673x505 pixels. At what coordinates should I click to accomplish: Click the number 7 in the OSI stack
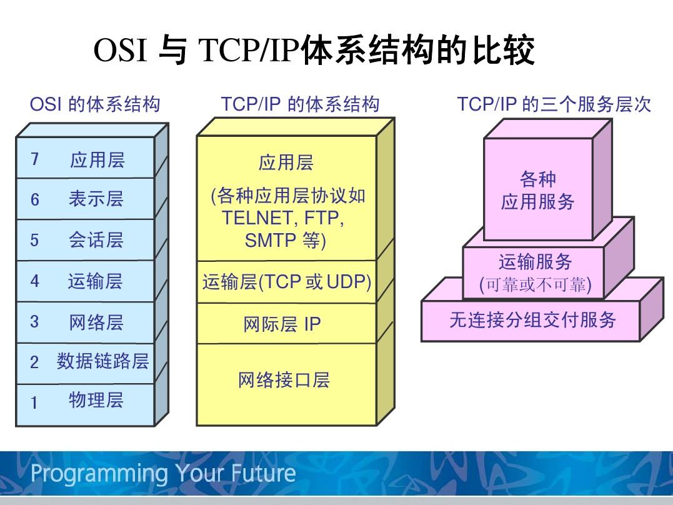click(x=35, y=159)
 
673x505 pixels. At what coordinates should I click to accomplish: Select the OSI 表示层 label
click(x=96, y=199)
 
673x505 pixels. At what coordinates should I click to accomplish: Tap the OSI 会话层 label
click(x=96, y=240)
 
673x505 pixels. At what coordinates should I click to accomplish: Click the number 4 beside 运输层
click(x=35, y=281)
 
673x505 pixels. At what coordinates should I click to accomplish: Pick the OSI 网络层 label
click(x=96, y=322)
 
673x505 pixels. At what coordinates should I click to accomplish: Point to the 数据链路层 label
click(x=102, y=361)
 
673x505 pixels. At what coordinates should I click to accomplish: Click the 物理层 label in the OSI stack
click(x=96, y=400)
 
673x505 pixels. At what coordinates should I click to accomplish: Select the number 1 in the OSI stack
click(x=34, y=402)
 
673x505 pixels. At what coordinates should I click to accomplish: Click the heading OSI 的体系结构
click(x=95, y=104)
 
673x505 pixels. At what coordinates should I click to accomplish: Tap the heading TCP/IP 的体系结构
click(x=300, y=104)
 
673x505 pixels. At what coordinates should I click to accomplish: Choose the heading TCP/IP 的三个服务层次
click(x=554, y=104)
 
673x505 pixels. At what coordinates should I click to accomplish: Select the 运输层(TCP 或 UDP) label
click(x=287, y=282)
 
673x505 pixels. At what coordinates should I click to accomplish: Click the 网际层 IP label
click(x=282, y=324)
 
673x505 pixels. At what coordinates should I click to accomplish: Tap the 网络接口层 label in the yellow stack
click(x=283, y=379)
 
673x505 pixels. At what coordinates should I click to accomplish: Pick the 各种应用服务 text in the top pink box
click(x=537, y=191)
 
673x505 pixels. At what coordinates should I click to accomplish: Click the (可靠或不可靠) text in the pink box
click(x=535, y=286)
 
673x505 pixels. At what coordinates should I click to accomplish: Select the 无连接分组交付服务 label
click(x=532, y=320)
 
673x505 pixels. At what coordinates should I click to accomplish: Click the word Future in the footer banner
click(x=263, y=473)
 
